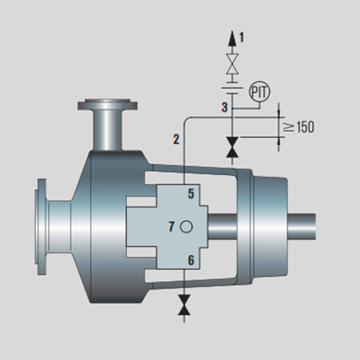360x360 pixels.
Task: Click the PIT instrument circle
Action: pos(260,91)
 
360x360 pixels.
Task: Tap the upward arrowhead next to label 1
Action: pos(232,38)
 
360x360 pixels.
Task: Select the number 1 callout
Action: pos(241,37)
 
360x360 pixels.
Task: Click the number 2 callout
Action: pos(176,139)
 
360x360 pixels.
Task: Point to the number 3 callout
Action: pos(225,107)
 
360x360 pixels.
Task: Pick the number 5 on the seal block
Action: pos(191,194)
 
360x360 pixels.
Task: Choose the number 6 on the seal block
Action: pos(191,260)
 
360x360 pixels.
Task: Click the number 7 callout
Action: pos(171,226)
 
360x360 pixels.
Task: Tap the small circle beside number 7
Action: pos(186,227)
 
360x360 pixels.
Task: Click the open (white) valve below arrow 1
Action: pos(232,63)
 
